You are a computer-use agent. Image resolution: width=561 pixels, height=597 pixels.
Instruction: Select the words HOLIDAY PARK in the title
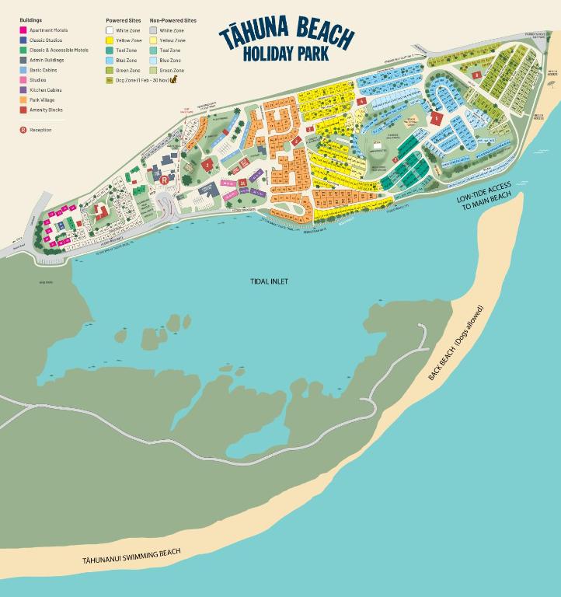(285, 54)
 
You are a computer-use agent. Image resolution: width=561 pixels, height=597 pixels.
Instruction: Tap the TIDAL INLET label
(269, 281)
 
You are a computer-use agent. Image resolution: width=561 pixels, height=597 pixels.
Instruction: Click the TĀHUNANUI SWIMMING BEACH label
(131, 556)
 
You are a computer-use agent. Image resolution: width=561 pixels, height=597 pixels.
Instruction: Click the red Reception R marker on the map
(165, 179)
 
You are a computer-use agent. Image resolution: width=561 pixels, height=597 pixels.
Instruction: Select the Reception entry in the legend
(36, 130)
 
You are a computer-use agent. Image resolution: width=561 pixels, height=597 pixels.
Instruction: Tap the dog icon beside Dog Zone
(174, 80)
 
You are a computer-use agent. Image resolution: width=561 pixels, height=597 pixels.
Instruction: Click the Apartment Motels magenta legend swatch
(23, 30)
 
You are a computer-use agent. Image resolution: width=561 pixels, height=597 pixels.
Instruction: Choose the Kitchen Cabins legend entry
(45, 90)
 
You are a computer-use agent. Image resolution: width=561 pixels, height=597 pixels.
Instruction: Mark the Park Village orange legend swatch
(23, 100)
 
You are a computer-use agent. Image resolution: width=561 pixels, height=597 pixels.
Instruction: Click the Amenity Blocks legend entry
(45, 110)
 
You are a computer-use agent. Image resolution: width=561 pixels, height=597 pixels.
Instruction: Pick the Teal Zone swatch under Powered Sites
(110, 50)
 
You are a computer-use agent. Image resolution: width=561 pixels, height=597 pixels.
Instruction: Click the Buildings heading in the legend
(30, 19)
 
